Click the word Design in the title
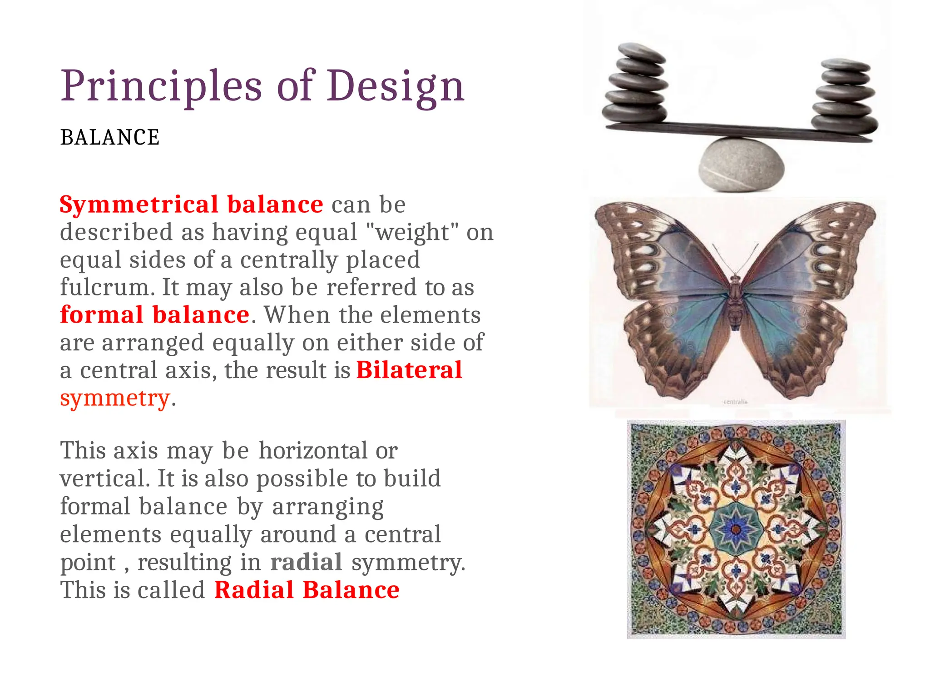tap(395, 86)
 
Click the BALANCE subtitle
tap(110, 138)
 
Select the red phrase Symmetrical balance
tap(191, 204)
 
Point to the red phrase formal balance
tap(155, 315)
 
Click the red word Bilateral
tap(409, 370)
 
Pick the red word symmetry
tap(115, 398)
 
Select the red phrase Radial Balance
tap(307, 590)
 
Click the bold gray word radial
tap(306, 562)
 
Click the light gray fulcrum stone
tap(741, 164)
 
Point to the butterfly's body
tap(736, 302)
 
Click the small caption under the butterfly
tap(735, 402)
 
